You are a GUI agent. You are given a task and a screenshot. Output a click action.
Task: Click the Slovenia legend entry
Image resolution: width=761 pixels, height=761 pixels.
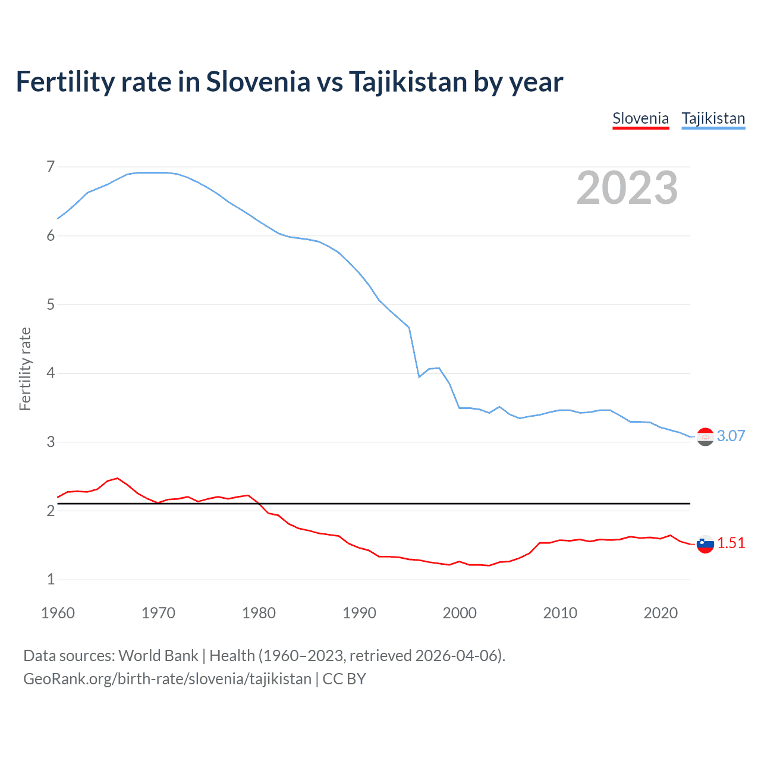[x=640, y=118]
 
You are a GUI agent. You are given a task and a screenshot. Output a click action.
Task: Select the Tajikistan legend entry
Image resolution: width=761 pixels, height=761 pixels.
[x=713, y=118]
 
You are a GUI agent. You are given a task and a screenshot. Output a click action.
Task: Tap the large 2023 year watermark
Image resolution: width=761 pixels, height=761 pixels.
[x=627, y=188]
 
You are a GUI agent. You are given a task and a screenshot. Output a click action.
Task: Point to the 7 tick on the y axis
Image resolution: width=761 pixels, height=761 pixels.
[x=51, y=166]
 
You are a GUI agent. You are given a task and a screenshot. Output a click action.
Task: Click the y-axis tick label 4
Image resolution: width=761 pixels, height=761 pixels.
[x=51, y=373]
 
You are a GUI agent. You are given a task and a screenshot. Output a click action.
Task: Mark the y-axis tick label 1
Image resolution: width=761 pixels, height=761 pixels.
[x=51, y=580]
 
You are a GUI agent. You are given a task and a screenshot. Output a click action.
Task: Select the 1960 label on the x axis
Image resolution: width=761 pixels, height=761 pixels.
[x=58, y=613]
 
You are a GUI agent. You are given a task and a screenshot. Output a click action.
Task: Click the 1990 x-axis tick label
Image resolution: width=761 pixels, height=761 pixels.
[x=359, y=613]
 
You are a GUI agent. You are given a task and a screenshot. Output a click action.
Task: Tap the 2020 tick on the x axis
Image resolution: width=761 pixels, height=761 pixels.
[x=661, y=613]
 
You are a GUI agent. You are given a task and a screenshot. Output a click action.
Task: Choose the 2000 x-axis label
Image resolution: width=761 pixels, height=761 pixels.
[x=460, y=613]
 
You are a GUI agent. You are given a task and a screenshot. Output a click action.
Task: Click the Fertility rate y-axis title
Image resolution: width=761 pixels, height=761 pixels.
[x=25, y=369]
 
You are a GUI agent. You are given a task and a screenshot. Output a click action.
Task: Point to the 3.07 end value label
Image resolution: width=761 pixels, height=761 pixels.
[x=731, y=436]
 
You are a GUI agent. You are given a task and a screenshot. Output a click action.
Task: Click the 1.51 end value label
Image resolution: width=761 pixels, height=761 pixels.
[x=731, y=543]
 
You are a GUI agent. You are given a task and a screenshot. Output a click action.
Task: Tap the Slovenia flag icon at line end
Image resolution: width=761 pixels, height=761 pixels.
[x=705, y=543]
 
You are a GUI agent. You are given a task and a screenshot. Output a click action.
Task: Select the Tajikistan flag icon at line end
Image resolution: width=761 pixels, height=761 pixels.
[x=705, y=436]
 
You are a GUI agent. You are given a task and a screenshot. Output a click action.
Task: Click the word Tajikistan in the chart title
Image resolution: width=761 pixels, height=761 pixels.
[x=408, y=81]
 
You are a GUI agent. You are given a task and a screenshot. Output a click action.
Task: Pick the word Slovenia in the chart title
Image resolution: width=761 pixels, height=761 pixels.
[x=258, y=81]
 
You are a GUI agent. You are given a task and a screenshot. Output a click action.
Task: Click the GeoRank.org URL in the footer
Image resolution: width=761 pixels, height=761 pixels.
[x=167, y=679]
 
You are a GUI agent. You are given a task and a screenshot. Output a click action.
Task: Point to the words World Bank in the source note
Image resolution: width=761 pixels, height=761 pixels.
[x=158, y=656]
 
